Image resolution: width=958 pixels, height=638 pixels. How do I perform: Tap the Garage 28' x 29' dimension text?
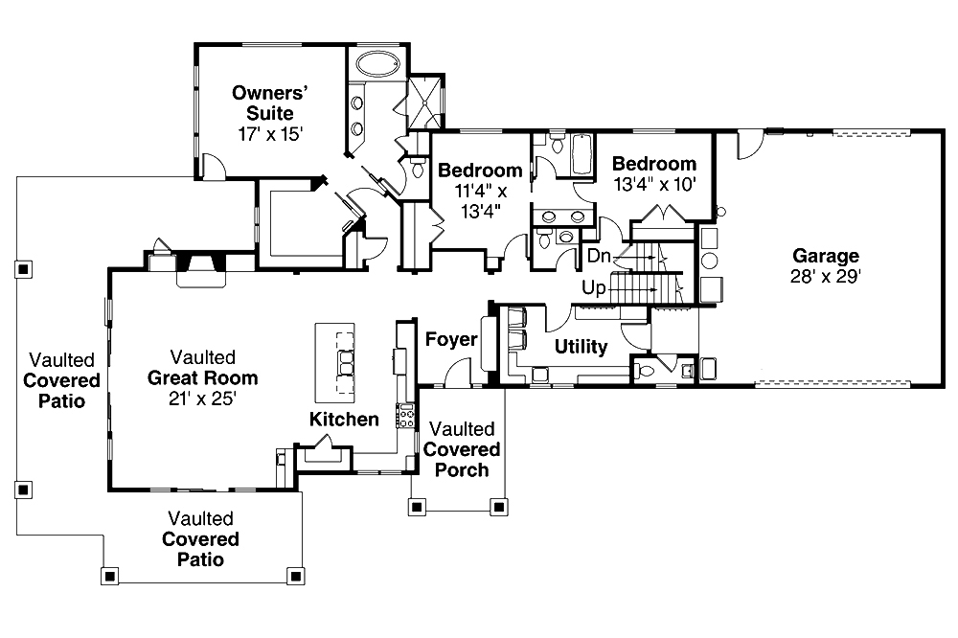825,277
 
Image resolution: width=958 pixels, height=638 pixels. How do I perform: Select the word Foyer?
451,339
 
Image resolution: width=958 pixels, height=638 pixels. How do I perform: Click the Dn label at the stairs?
599,256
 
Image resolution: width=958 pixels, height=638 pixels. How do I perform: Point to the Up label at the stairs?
593,286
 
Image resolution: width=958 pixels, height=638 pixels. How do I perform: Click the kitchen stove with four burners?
405,416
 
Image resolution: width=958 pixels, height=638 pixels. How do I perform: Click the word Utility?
582,347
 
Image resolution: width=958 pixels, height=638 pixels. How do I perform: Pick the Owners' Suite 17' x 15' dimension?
270,134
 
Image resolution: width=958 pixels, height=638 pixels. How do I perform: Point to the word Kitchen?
344,420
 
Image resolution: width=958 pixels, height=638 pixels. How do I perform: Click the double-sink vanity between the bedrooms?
556,216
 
